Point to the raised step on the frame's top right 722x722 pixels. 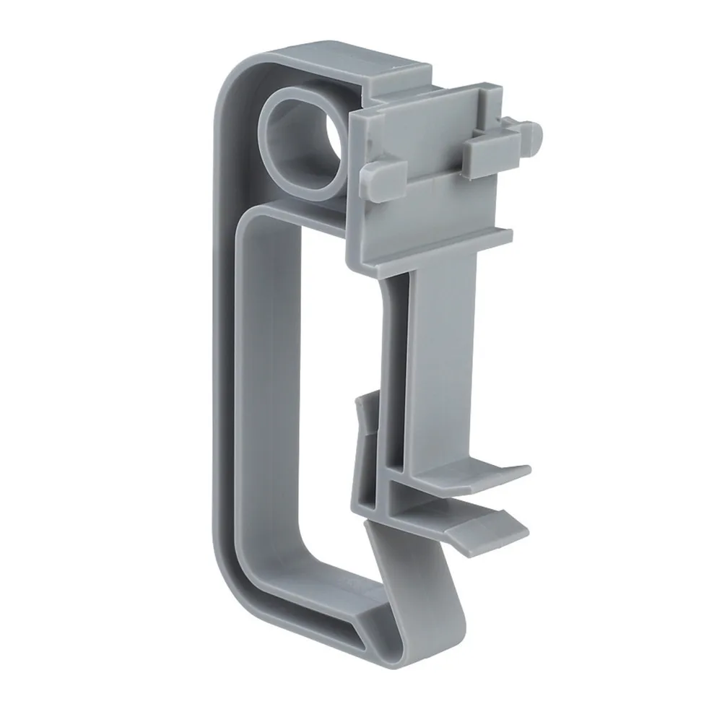pyautogui.click(x=404, y=72)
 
